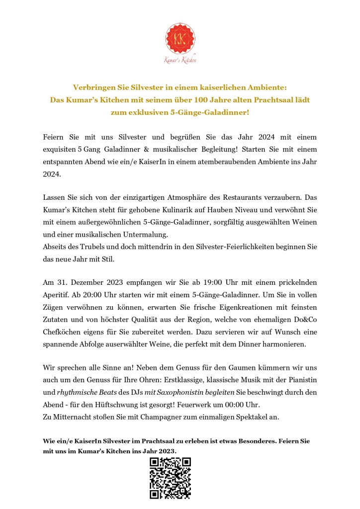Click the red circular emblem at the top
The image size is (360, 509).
tap(180, 38)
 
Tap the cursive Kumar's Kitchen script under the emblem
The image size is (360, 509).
tap(180, 60)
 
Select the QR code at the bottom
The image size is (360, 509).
tap(170, 478)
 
